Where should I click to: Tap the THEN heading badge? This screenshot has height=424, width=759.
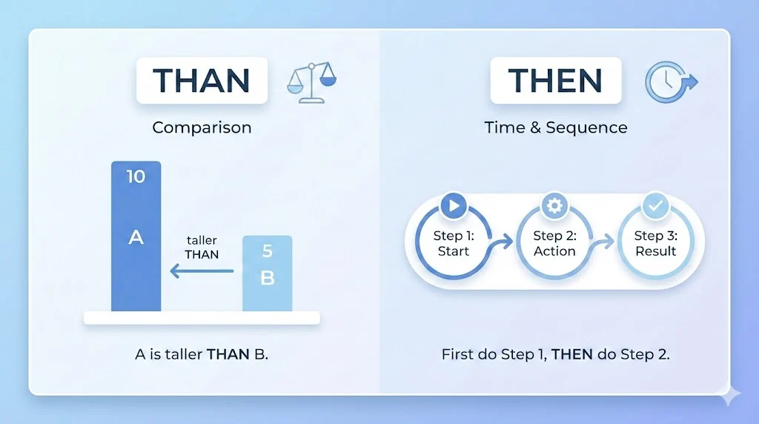tap(555, 81)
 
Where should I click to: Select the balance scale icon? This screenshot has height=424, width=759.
tap(311, 82)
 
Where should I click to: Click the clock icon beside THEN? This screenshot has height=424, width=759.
tap(669, 82)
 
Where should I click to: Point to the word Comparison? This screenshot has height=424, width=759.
tap(202, 127)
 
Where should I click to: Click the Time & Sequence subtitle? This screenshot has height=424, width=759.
tap(556, 127)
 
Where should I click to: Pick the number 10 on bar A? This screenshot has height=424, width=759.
tap(136, 176)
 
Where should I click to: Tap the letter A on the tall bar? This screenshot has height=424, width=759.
tap(136, 237)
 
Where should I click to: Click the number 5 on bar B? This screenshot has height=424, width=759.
tap(268, 251)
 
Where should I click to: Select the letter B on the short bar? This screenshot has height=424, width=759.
tap(268, 279)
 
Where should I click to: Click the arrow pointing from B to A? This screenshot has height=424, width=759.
tap(202, 272)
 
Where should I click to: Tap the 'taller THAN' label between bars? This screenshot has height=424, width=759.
tap(202, 248)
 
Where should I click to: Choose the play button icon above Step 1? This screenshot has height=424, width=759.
tap(453, 205)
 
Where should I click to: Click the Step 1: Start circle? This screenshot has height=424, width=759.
tap(453, 243)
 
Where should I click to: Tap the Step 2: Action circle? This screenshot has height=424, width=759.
tap(554, 243)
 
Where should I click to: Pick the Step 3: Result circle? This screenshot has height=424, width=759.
tap(655, 243)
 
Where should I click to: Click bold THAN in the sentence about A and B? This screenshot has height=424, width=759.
tap(228, 354)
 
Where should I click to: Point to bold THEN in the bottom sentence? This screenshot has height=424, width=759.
tap(571, 354)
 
